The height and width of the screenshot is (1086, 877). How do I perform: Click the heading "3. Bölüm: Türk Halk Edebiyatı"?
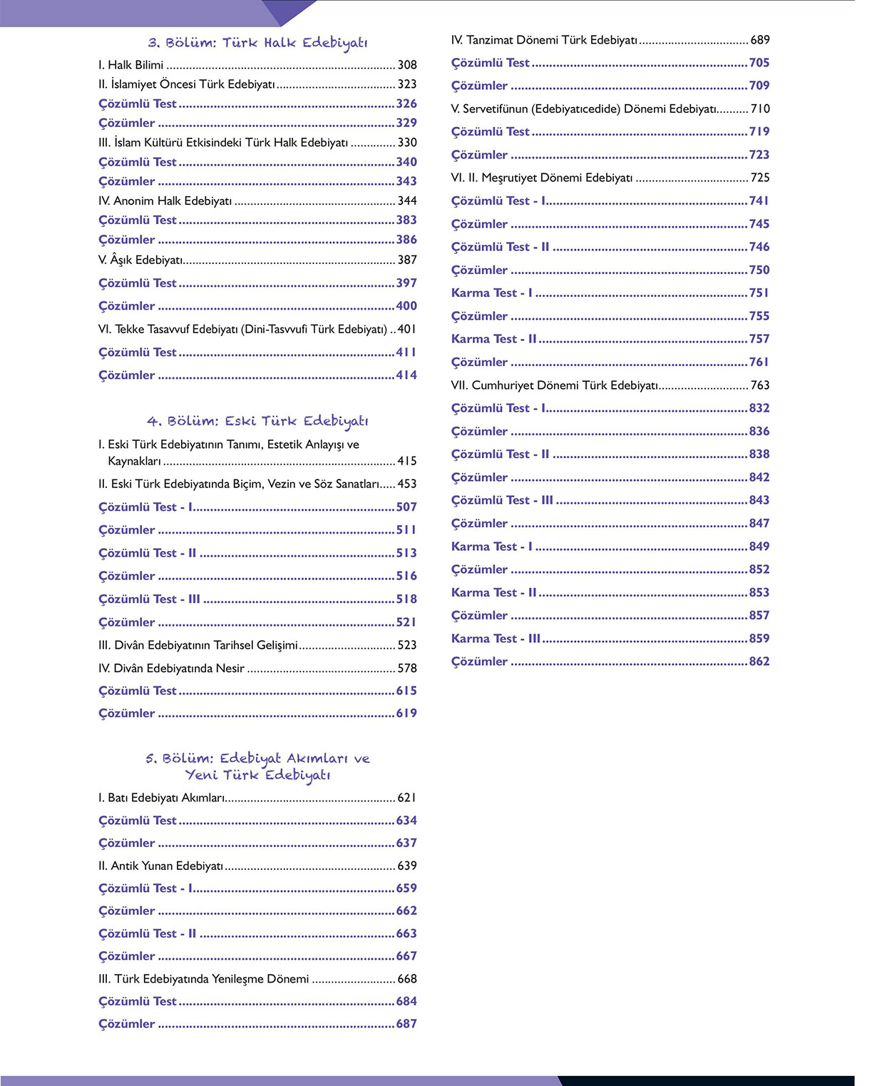tap(257, 43)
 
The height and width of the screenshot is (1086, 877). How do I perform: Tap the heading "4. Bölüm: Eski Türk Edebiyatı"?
tap(257, 421)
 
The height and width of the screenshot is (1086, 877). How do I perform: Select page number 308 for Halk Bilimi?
tap(407, 65)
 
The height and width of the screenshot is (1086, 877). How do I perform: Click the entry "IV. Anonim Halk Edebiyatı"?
tap(165, 201)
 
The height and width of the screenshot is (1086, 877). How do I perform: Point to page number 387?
tap(407, 260)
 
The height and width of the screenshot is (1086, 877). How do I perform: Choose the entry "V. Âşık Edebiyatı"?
tap(141, 260)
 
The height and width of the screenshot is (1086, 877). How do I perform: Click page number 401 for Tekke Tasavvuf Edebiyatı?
tap(407, 330)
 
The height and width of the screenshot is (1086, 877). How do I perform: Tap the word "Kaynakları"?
tap(134, 461)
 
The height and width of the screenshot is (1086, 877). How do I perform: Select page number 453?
tap(407, 484)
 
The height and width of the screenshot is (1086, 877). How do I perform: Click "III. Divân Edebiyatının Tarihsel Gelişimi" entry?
tap(198, 645)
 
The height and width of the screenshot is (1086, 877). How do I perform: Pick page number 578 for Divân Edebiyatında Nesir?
tap(407, 669)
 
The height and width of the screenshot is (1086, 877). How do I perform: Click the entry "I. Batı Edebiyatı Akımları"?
tap(162, 798)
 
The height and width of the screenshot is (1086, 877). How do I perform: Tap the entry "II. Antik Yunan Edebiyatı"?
tap(161, 866)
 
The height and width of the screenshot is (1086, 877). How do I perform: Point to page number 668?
tap(407, 979)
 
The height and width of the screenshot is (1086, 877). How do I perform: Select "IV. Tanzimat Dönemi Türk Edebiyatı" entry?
tap(544, 41)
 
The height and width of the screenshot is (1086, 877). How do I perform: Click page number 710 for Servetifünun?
tap(760, 109)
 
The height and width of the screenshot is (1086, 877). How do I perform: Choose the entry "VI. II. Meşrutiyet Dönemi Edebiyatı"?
tap(542, 178)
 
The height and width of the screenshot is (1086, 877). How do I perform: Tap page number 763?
tap(760, 385)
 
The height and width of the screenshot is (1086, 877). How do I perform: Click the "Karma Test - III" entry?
tap(496, 639)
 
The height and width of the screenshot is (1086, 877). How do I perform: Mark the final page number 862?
tap(759, 661)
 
